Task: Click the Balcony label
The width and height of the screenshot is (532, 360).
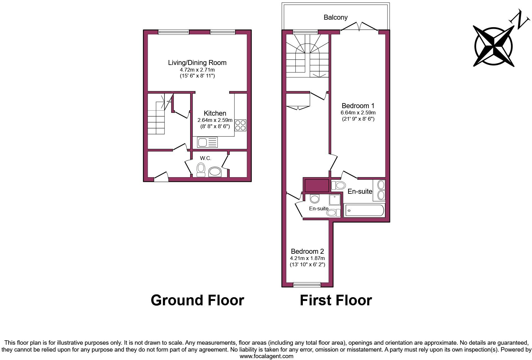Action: [x=335, y=17]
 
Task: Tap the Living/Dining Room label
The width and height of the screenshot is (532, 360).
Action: [x=197, y=62]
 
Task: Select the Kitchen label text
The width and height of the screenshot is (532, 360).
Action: [x=215, y=113]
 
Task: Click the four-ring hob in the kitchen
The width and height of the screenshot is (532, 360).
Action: [x=240, y=125]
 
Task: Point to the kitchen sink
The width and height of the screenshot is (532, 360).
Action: [x=207, y=142]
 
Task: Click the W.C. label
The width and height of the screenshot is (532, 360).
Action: [x=205, y=158]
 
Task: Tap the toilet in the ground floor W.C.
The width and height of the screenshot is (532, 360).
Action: [x=201, y=169]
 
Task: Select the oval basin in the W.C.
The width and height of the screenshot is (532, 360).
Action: [x=215, y=172]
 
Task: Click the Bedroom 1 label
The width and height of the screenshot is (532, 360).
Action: [x=358, y=106]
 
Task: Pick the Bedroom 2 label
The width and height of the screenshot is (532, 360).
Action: [x=307, y=251]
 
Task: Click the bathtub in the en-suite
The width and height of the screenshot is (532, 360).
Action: [x=364, y=210]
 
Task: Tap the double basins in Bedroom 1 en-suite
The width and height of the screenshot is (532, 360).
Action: [x=381, y=190]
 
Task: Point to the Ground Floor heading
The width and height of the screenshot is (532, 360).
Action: [x=197, y=300]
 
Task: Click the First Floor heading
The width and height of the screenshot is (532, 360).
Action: [x=336, y=300]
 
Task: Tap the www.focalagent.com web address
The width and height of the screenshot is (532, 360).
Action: [x=266, y=356]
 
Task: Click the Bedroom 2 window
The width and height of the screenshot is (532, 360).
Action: [x=307, y=284]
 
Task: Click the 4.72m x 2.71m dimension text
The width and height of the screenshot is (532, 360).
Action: [x=197, y=70]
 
